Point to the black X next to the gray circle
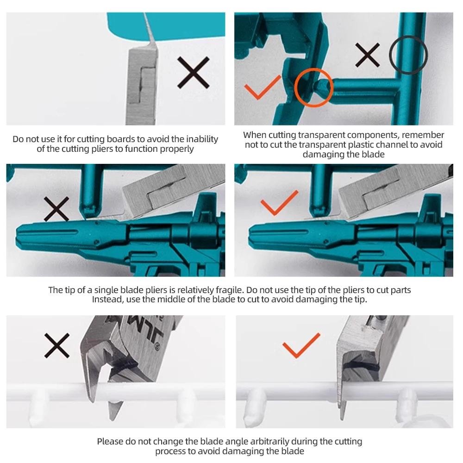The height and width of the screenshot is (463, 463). [367, 55]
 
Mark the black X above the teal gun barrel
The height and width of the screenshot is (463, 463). [56, 209]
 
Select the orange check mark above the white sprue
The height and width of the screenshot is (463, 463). [301, 345]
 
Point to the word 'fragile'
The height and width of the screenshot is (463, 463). [229, 290]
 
